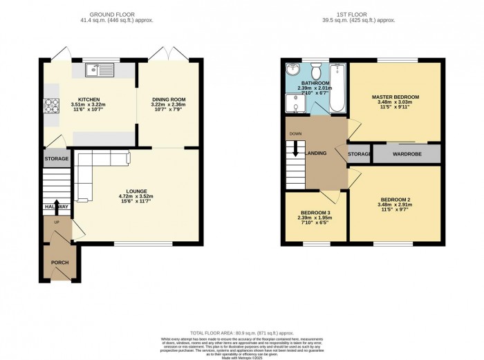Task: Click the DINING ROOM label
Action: click(169, 100)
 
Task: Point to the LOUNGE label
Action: click(136, 191)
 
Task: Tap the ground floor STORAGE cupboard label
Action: click(57, 159)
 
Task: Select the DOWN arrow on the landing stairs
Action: click(295, 149)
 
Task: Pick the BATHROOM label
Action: click(314, 83)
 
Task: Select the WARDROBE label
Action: click(407, 153)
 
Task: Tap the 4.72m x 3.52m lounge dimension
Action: click(136, 197)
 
